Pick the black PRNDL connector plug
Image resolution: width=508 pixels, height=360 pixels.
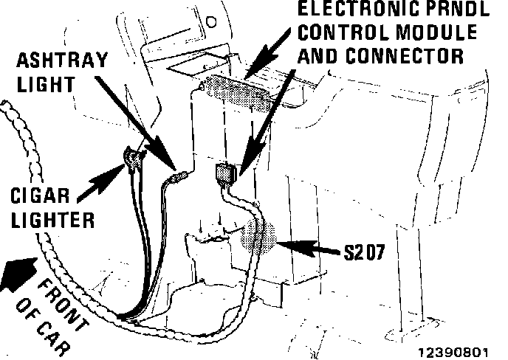tap(225, 175)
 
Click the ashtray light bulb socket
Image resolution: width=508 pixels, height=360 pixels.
tap(176, 178)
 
